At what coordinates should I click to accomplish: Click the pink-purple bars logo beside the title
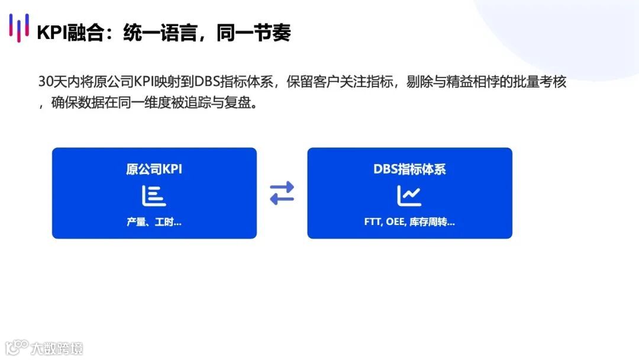click(19, 28)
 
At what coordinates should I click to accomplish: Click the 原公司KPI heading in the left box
click(154, 169)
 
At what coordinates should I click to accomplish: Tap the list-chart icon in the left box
click(154, 196)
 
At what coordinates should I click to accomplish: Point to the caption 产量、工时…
click(154, 223)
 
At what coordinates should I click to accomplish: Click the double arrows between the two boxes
click(282, 193)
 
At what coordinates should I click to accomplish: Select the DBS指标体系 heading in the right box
click(409, 169)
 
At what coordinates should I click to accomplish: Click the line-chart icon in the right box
click(409, 196)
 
